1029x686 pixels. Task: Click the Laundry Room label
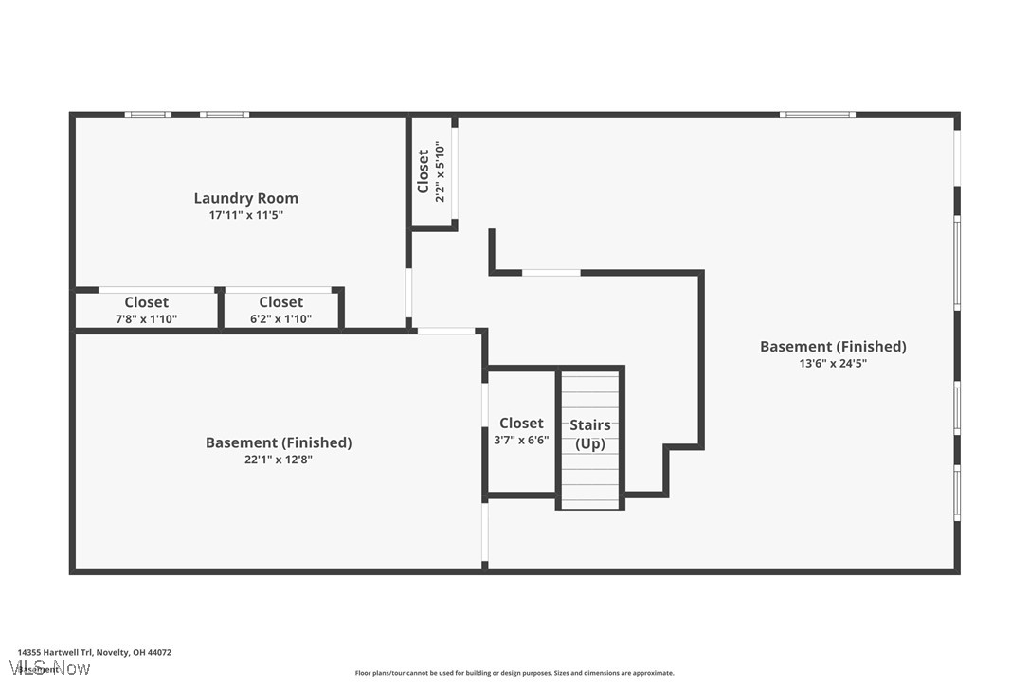click(245, 198)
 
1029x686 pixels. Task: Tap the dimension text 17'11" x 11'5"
click(245, 215)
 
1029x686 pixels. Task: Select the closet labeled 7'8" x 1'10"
click(146, 310)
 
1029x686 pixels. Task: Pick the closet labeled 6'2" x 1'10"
click(280, 310)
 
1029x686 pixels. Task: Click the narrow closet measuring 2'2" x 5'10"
click(431, 172)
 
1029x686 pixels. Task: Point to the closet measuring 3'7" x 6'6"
click(521, 431)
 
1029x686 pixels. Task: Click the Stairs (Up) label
click(589, 434)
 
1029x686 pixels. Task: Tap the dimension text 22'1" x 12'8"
click(279, 460)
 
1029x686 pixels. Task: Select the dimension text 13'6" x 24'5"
click(833, 363)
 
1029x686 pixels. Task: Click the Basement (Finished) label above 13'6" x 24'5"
click(833, 346)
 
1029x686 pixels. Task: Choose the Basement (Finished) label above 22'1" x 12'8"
click(279, 442)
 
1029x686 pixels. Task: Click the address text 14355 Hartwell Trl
click(95, 652)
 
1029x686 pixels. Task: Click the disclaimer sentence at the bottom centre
click(514, 673)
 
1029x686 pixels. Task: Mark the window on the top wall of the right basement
click(817, 115)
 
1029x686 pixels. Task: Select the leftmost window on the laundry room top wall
click(148, 115)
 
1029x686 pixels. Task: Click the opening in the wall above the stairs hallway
click(551, 273)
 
